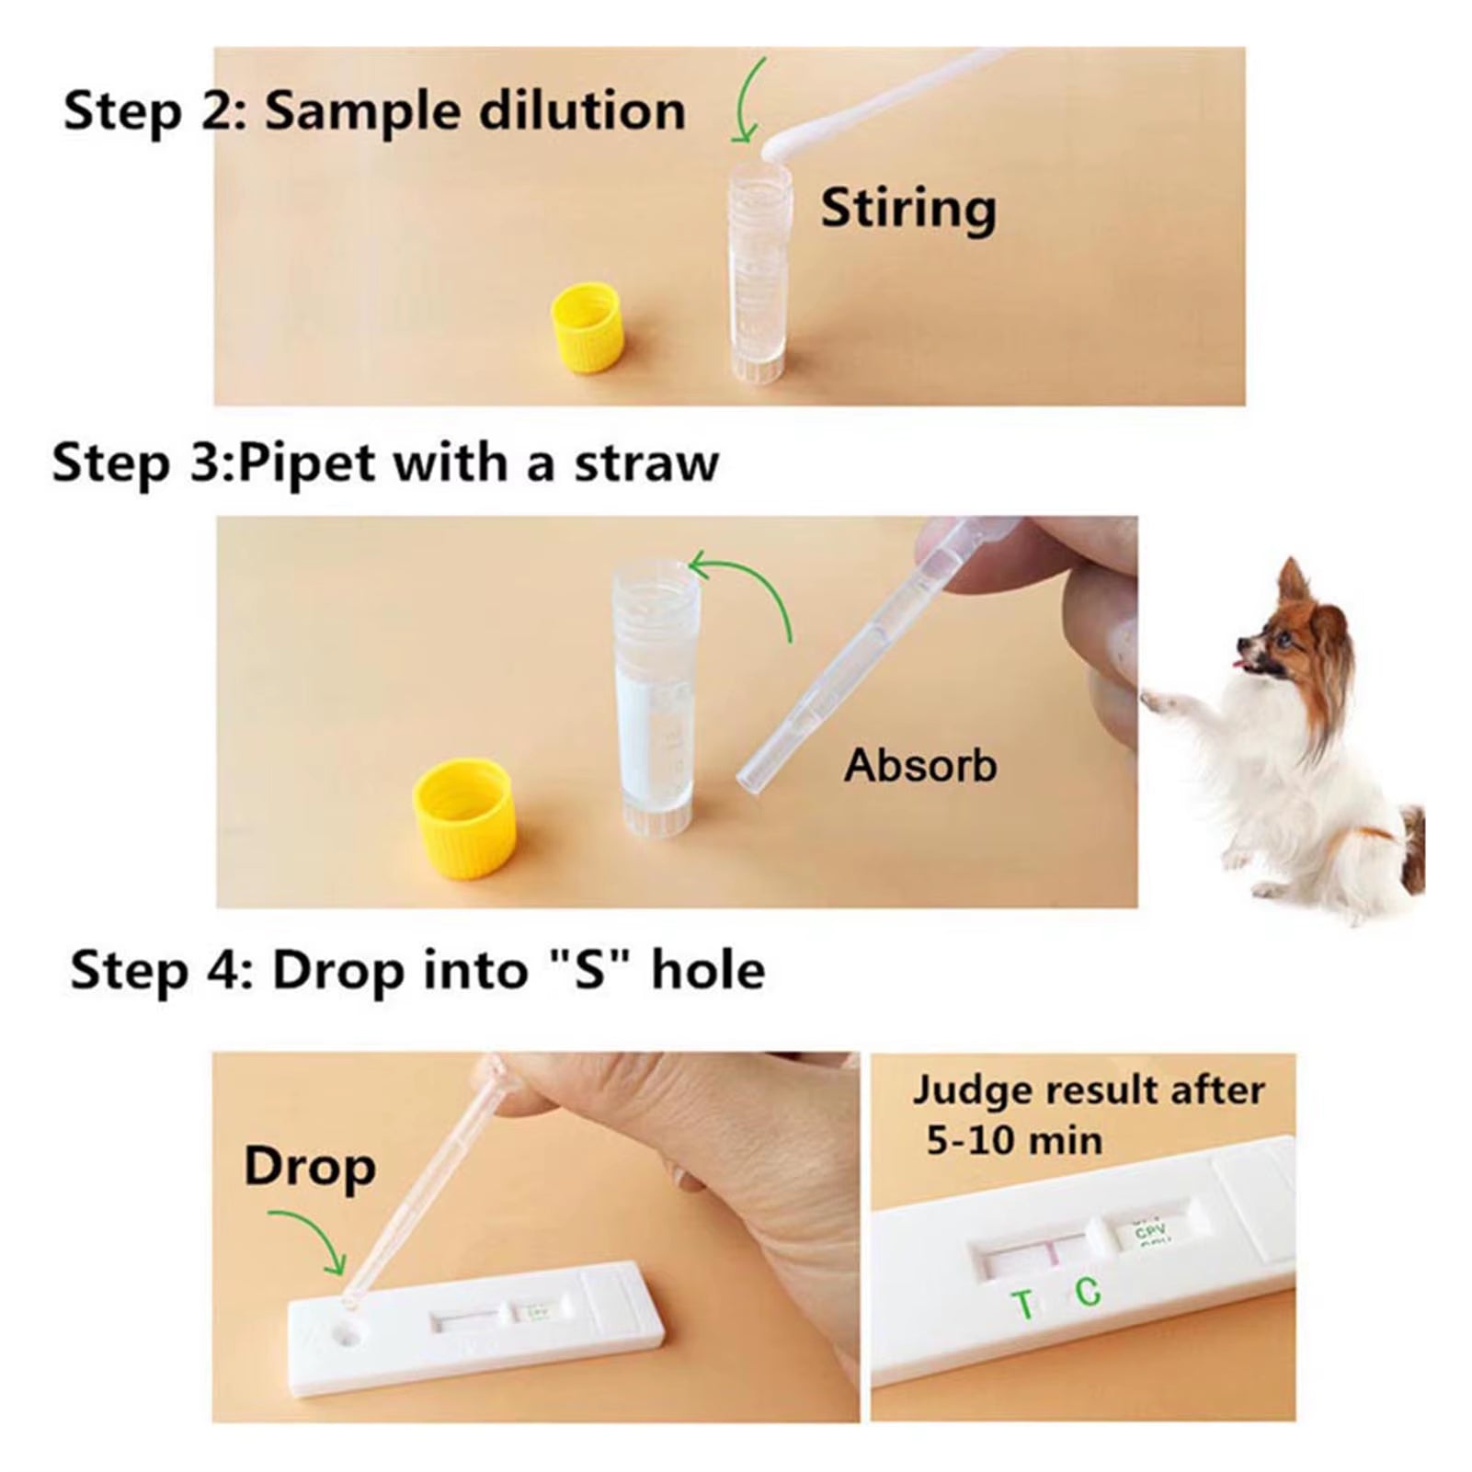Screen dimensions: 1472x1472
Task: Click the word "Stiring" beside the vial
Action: (x=908, y=210)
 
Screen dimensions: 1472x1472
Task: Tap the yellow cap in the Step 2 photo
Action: (x=587, y=326)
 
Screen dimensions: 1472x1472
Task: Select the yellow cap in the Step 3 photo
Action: (x=463, y=818)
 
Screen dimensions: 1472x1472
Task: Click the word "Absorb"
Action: (x=920, y=765)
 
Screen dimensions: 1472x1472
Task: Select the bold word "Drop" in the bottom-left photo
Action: (x=310, y=1168)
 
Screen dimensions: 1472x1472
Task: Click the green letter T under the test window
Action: (x=1021, y=1305)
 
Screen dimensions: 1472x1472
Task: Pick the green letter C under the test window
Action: (x=1088, y=1292)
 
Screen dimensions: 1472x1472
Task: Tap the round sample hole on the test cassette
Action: (x=347, y=1331)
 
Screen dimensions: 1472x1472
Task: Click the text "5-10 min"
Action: (x=1014, y=1141)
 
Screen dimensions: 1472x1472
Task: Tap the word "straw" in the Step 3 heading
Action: (x=646, y=463)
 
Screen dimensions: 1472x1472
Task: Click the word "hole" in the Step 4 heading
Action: (x=708, y=970)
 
